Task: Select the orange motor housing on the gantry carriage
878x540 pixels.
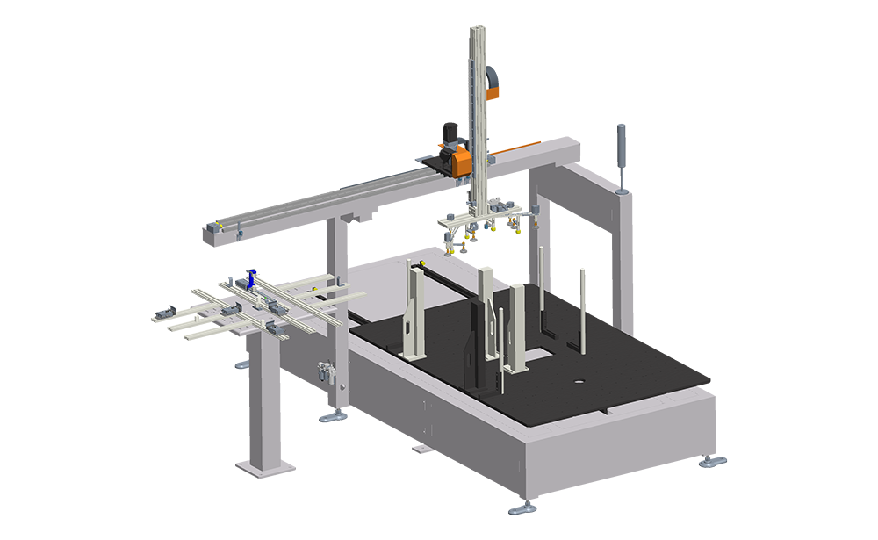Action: click(x=457, y=160)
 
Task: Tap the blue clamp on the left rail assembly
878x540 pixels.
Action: click(x=251, y=280)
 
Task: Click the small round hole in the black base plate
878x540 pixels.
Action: click(x=579, y=382)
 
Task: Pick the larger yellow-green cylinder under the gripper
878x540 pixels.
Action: click(x=500, y=237)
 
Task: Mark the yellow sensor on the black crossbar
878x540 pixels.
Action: click(x=420, y=262)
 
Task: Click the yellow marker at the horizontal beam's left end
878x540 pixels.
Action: click(x=215, y=224)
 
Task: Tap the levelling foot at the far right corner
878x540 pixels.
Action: click(x=709, y=460)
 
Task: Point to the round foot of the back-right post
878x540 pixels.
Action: click(x=624, y=188)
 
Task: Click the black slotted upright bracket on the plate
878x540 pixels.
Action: click(x=484, y=338)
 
